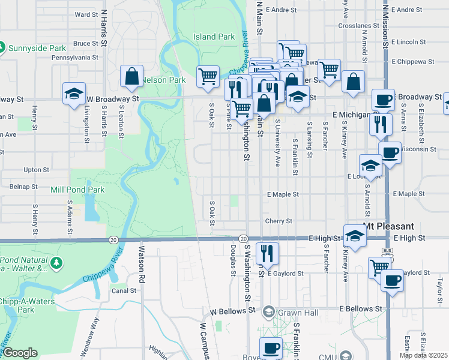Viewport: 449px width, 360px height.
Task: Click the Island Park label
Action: click(214, 37)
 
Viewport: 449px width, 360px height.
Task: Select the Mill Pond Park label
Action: click(77, 190)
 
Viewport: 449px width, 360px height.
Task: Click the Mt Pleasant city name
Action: click(389, 226)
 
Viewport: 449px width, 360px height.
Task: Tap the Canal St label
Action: click(124, 290)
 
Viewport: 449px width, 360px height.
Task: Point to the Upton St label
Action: click(37, 170)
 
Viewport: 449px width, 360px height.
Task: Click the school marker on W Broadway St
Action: click(74, 94)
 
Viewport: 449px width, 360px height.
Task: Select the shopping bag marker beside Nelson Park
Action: click(131, 77)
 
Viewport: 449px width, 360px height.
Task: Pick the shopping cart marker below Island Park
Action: click(208, 76)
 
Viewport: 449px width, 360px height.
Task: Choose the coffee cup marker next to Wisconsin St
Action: click(390, 152)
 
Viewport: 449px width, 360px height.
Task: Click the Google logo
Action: click(20, 353)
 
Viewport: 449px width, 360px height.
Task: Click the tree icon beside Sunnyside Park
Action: click(2, 47)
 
